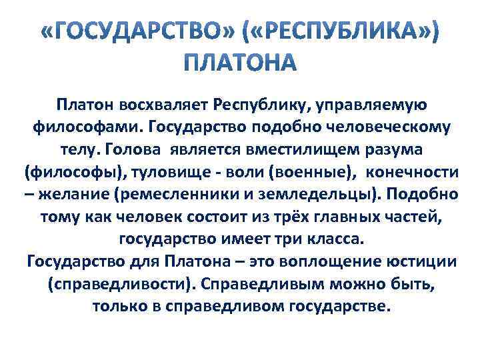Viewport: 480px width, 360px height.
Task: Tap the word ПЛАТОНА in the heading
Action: click(239, 63)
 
